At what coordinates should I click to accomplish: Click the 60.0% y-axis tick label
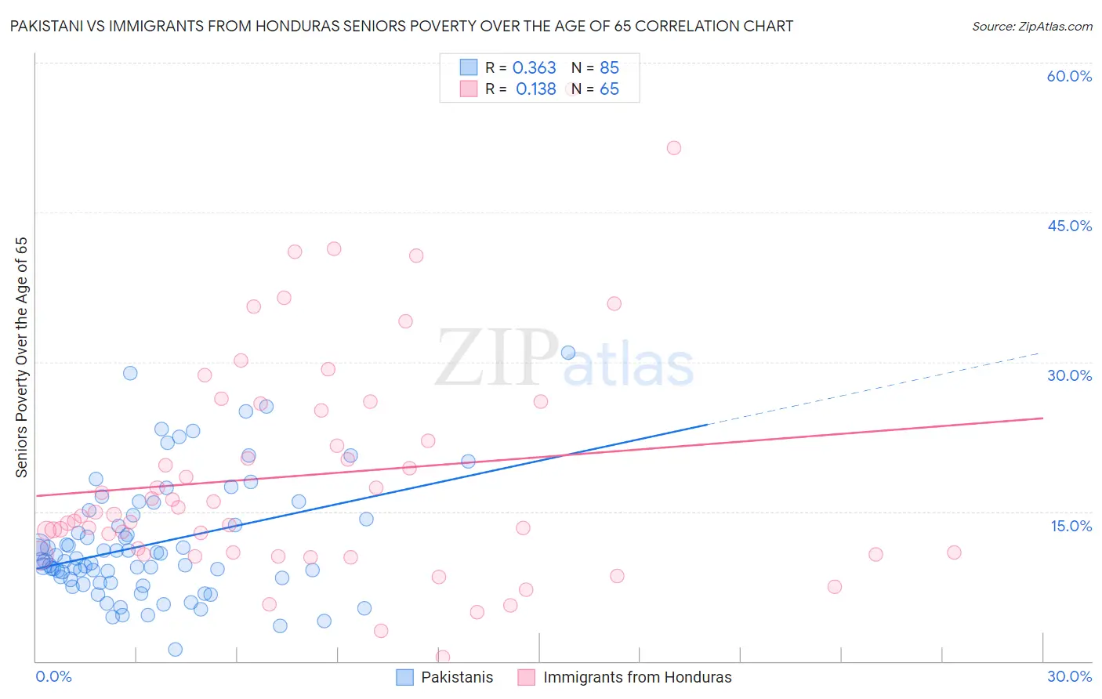click(1069, 76)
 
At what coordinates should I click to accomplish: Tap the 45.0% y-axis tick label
click(1069, 226)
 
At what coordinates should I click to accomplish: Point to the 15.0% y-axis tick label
click(1071, 526)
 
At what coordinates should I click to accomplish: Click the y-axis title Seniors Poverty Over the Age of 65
click(22, 357)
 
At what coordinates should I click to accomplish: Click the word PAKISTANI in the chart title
click(48, 26)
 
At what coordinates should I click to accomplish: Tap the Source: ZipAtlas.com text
click(1031, 26)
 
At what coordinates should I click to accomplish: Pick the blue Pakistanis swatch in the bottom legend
click(404, 677)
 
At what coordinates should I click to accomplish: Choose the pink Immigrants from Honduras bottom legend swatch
click(527, 677)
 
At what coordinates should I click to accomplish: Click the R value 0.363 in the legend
click(534, 68)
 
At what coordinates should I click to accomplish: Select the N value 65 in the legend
click(609, 89)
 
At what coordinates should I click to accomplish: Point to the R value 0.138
click(535, 89)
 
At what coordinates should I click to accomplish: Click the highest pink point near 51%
click(673, 148)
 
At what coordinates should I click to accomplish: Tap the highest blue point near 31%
click(568, 353)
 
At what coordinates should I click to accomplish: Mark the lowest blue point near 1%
click(176, 649)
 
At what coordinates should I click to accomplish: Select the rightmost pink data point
click(954, 552)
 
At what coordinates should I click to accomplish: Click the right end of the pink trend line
click(1042, 418)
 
